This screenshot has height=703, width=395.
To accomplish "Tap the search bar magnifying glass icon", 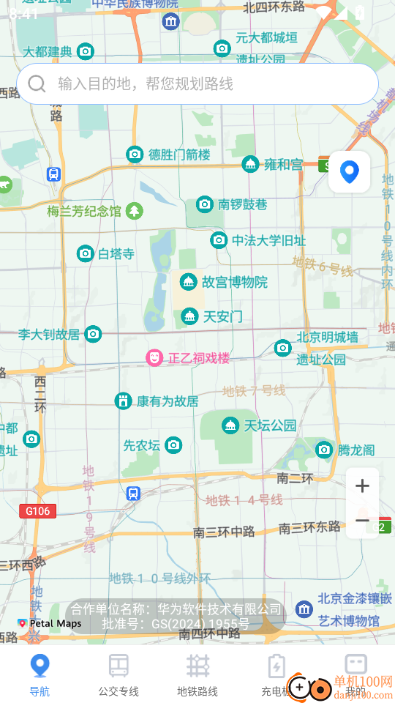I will click(37, 83).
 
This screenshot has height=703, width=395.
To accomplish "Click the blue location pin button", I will click(350, 172).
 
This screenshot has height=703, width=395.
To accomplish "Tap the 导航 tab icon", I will click(39, 666).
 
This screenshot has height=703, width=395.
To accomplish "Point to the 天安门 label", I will click(222, 317).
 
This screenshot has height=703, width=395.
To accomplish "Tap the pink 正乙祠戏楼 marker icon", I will click(154, 358).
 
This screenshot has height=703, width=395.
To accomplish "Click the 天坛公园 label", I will click(270, 425).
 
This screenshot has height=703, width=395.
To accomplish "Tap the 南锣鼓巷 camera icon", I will click(205, 204).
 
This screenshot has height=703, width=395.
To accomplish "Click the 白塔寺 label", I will click(116, 254).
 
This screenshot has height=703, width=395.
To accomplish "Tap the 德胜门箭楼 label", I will click(179, 155).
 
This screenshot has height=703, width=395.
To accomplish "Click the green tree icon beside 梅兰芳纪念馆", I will click(134, 212).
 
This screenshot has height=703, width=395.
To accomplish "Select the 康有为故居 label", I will click(168, 401).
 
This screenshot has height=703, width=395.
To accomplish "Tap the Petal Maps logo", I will click(50, 624).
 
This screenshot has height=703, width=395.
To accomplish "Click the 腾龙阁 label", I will click(356, 450).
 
